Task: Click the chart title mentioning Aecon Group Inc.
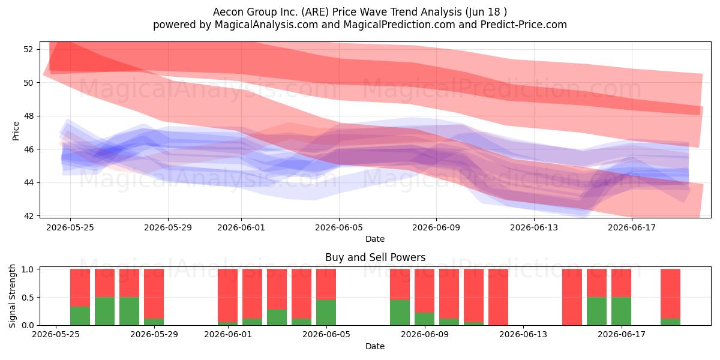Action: click(359, 12)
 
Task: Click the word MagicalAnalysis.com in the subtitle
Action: click(266, 25)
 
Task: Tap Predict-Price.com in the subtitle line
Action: click(524, 25)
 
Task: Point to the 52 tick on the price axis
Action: click(28, 49)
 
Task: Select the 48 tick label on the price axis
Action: click(28, 116)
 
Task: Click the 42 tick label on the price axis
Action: click(28, 216)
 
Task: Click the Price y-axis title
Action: click(16, 131)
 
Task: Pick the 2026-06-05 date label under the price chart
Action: click(339, 227)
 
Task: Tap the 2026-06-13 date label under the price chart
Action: click(534, 227)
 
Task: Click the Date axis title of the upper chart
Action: click(375, 239)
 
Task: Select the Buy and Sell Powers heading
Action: click(375, 257)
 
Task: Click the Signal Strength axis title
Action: click(12, 296)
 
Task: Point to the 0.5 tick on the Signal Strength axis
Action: click(28, 298)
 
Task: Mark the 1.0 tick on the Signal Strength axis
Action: click(28, 269)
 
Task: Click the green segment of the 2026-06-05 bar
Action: click(326, 313)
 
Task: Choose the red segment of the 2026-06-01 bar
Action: click(227, 295)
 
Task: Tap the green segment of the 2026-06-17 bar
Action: click(621, 311)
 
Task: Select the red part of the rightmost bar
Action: click(670, 294)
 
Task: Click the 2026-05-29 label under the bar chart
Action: click(154, 334)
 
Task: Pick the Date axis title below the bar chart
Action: click(375, 346)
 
